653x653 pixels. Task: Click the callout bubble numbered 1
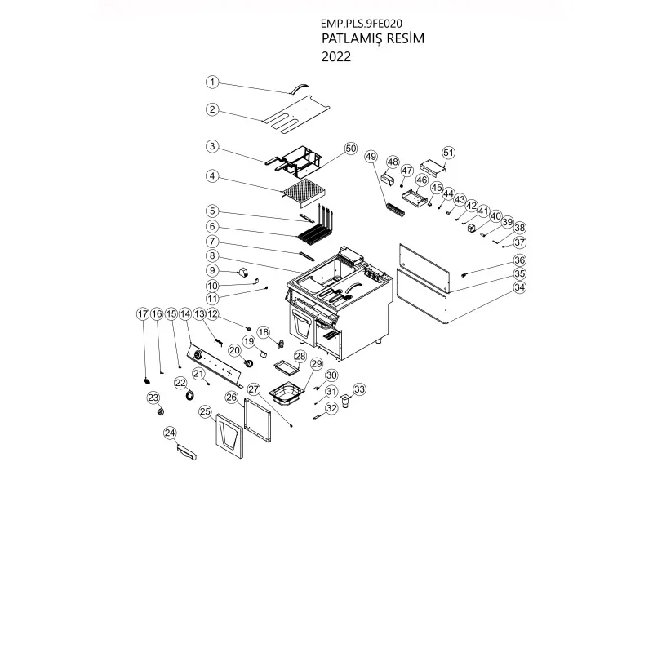211,82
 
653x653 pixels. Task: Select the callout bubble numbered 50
350,149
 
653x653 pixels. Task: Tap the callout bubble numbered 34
520,287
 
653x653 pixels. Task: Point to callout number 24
170,432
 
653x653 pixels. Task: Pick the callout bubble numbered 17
143,313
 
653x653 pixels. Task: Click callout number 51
448,153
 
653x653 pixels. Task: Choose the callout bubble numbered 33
359,389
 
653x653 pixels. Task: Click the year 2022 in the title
338,57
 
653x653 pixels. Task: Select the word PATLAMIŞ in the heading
350,39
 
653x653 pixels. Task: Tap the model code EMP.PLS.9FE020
362,23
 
